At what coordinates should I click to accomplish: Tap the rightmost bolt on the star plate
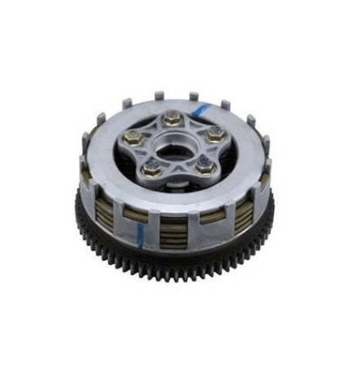217,135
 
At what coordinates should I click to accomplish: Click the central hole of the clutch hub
177,144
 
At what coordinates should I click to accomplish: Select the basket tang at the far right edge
267,148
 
